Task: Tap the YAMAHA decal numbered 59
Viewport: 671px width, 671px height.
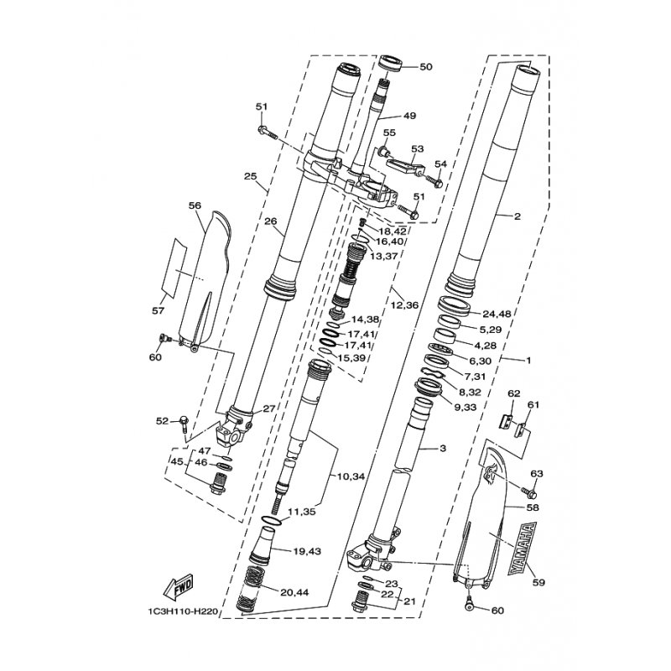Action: point(523,549)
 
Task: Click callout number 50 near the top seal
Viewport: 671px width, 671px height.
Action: point(426,67)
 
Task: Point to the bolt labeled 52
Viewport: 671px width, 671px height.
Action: point(185,424)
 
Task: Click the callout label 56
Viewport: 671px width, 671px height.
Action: point(195,205)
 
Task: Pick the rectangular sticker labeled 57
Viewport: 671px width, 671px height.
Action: point(174,268)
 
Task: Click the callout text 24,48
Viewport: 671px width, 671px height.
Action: point(497,314)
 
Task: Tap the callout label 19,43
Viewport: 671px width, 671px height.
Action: point(307,551)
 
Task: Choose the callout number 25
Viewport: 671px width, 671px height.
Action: point(250,176)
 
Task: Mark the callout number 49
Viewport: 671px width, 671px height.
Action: point(409,116)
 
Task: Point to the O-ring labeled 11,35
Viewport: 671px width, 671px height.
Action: point(271,521)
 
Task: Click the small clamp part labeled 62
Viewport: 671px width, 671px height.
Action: point(506,422)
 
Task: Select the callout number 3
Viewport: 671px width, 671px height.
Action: point(443,449)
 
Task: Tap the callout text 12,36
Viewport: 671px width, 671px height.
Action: point(404,305)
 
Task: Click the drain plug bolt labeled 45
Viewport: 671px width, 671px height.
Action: point(219,483)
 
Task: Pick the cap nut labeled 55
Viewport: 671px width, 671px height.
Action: point(383,151)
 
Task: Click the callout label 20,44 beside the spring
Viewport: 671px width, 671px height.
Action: point(294,593)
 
